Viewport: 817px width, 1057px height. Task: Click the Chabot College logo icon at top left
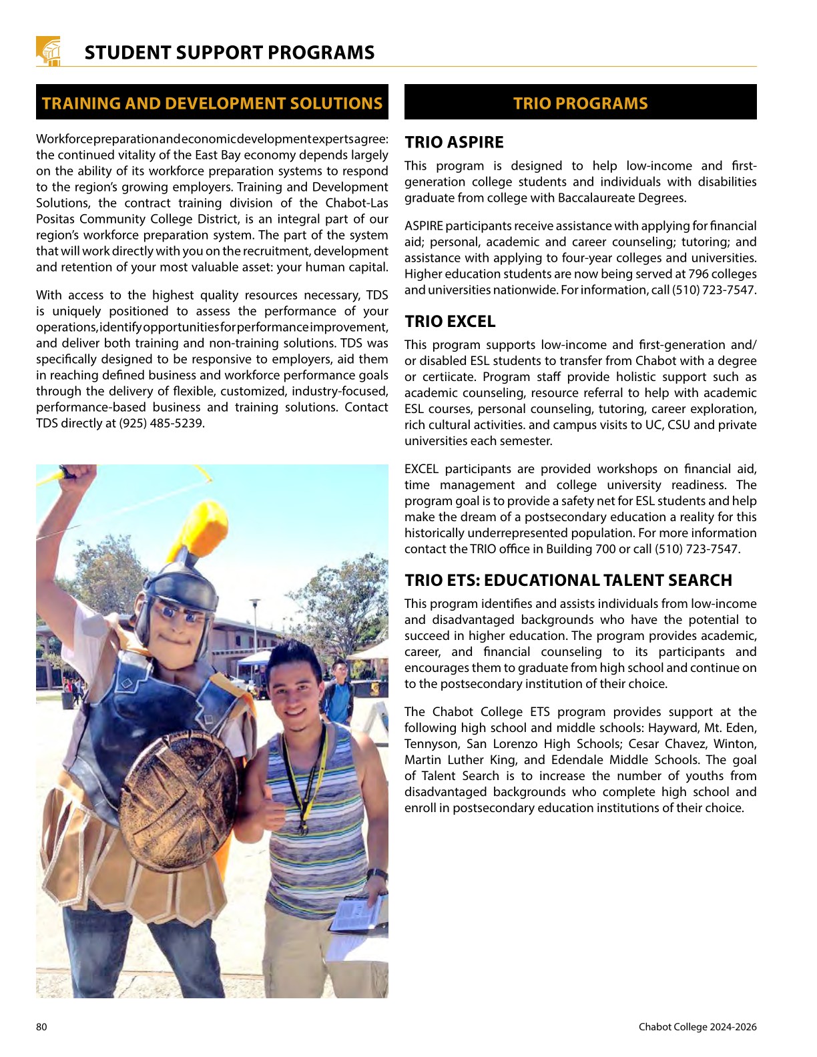coord(48,51)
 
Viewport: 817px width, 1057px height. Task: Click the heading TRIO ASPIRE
coord(454,142)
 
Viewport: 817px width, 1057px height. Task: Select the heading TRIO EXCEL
coord(450,322)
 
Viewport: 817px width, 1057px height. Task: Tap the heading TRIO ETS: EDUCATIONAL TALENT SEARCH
coord(568,580)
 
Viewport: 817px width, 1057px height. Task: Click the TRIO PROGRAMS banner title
coord(580,103)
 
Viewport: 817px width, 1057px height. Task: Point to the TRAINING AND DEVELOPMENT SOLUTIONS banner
coord(212,103)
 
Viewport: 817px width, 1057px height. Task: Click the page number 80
coord(41,1027)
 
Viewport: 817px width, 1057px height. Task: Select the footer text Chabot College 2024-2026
coord(698,1027)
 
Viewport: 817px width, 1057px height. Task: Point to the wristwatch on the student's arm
coord(377,874)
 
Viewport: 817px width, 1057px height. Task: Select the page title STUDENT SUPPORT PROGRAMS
coord(230,53)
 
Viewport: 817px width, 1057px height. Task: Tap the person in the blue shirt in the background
coord(340,694)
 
